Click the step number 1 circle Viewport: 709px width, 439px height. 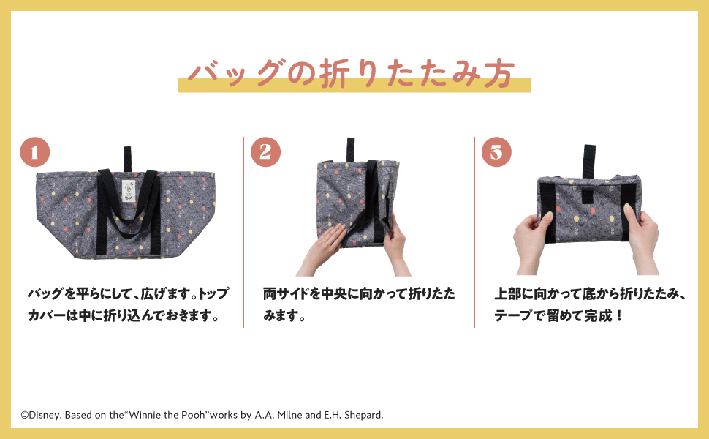tap(34, 152)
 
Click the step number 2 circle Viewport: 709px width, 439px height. tap(265, 152)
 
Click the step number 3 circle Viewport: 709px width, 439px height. tap(496, 152)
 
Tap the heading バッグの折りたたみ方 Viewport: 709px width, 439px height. tap(354, 73)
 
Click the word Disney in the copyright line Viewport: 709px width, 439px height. tap(45, 415)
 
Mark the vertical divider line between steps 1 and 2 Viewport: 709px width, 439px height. tap(243, 231)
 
